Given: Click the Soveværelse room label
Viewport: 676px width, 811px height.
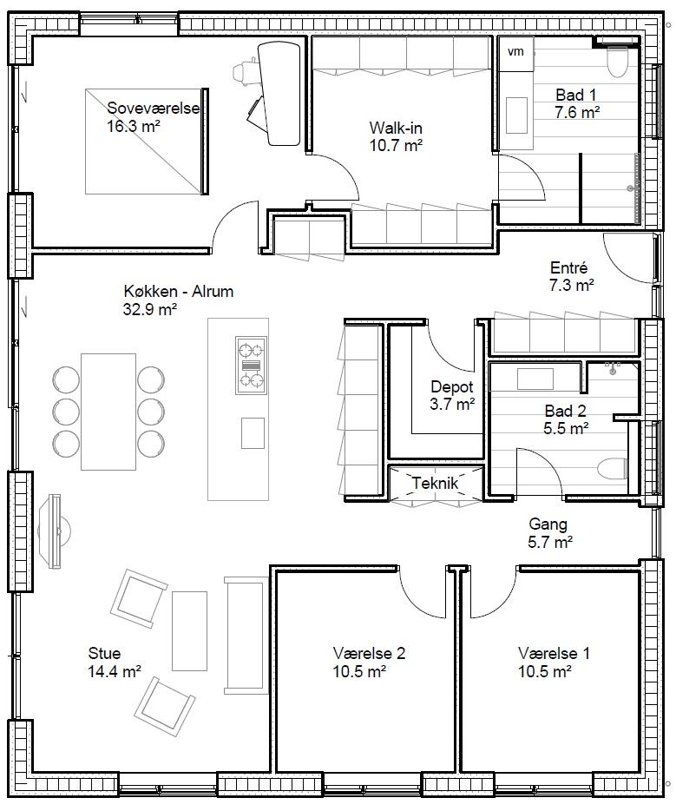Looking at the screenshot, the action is pos(153,108).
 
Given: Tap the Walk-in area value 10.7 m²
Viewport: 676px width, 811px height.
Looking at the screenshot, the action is pos(396,145).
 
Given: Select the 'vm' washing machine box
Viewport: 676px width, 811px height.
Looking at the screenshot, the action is pos(515,53).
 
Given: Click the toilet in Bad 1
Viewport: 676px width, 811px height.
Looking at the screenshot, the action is pos(617,61).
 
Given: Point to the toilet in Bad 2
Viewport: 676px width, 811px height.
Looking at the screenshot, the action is pos(613,470).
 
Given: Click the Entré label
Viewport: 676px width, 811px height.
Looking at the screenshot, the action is pos(569,268).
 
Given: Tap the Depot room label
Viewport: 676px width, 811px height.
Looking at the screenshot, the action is pos(452,386).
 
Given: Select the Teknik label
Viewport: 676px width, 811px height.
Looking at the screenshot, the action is pos(435,483).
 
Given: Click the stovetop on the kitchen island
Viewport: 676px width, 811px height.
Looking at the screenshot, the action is pos(251,366).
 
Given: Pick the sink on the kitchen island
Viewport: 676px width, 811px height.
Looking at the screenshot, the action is pos(253,433).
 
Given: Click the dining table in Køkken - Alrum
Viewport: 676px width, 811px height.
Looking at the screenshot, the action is pos(108,412).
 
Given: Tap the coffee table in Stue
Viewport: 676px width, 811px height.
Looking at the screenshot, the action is pos(189,631).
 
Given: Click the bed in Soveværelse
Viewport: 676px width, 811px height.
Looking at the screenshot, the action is pos(147,142).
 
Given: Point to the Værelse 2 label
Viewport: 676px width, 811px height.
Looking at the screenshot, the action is pos(369,653).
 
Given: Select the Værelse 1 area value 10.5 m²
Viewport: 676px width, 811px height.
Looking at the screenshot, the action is pos(545,671).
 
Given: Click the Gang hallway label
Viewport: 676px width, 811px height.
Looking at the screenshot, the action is pos(548,524).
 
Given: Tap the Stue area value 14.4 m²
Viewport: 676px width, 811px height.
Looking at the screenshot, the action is pos(115,671).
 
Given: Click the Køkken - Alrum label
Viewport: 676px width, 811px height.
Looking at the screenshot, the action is pos(178,291).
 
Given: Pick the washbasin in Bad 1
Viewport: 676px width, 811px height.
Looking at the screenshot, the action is pos(516,115).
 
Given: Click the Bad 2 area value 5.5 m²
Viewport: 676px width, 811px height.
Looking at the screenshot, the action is pos(566,429).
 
